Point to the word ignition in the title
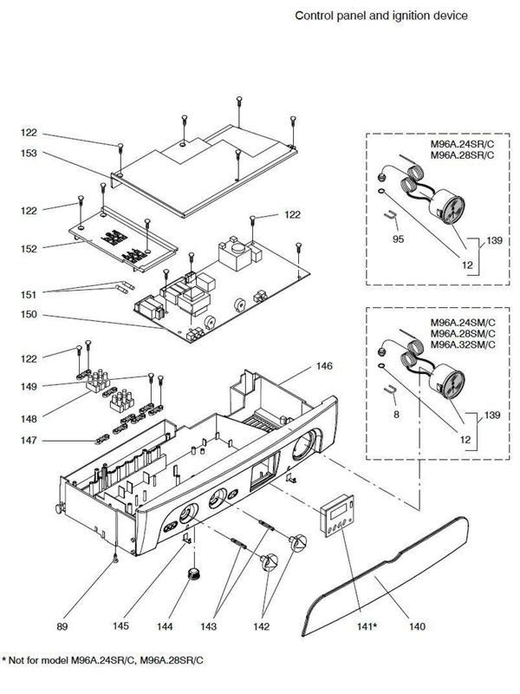click(x=391, y=16)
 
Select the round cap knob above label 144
click(x=190, y=574)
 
